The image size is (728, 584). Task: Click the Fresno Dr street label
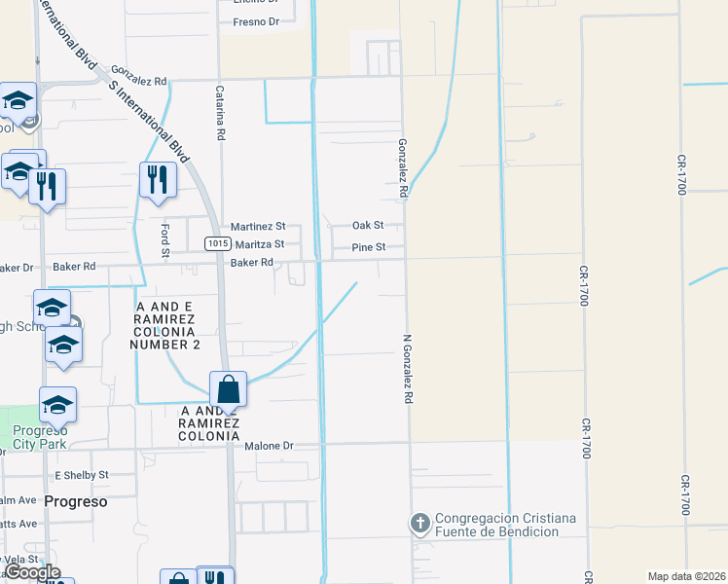(x=249, y=20)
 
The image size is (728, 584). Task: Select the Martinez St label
(x=257, y=226)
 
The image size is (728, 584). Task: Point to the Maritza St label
(x=258, y=244)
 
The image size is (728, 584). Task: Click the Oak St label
(x=368, y=225)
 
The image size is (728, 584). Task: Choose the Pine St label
(x=369, y=247)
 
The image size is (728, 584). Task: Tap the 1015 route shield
(x=216, y=243)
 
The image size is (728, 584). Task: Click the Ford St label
(x=165, y=240)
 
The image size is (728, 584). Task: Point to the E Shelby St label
(x=82, y=475)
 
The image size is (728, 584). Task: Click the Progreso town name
(x=75, y=501)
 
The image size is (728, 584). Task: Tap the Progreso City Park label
(x=44, y=437)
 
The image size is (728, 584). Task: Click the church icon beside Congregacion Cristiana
(x=420, y=524)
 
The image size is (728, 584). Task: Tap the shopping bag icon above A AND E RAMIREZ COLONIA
(x=227, y=389)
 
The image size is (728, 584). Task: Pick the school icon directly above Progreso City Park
(x=57, y=404)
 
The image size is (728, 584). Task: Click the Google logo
(x=33, y=572)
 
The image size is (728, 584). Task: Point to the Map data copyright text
(x=685, y=576)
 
